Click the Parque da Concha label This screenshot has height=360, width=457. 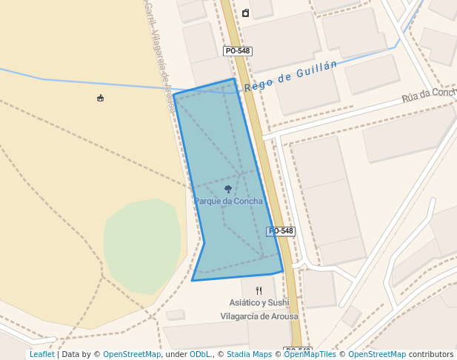[x=228, y=201]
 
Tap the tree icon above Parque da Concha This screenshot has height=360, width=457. [x=228, y=190]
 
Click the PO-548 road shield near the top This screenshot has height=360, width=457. [x=238, y=51]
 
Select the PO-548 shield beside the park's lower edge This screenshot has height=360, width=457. [x=281, y=231]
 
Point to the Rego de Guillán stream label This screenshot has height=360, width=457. [x=290, y=76]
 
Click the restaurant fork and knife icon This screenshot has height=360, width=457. [x=258, y=290]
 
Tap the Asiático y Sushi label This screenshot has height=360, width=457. [x=258, y=303]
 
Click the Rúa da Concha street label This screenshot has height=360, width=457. [x=429, y=94]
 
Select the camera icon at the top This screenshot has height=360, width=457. [x=245, y=13]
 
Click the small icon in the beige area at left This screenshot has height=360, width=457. [x=101, y=98]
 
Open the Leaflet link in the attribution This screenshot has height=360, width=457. [x=41, y=355]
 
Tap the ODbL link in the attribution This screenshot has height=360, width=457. [x=200, y=355]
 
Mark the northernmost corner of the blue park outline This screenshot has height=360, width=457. [x=234, y=79]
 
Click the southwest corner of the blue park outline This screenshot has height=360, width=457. [x=193, y=281]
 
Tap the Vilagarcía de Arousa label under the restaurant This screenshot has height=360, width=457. [x=258, y=316]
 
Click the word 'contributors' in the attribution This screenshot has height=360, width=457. [x=431, y=355]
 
